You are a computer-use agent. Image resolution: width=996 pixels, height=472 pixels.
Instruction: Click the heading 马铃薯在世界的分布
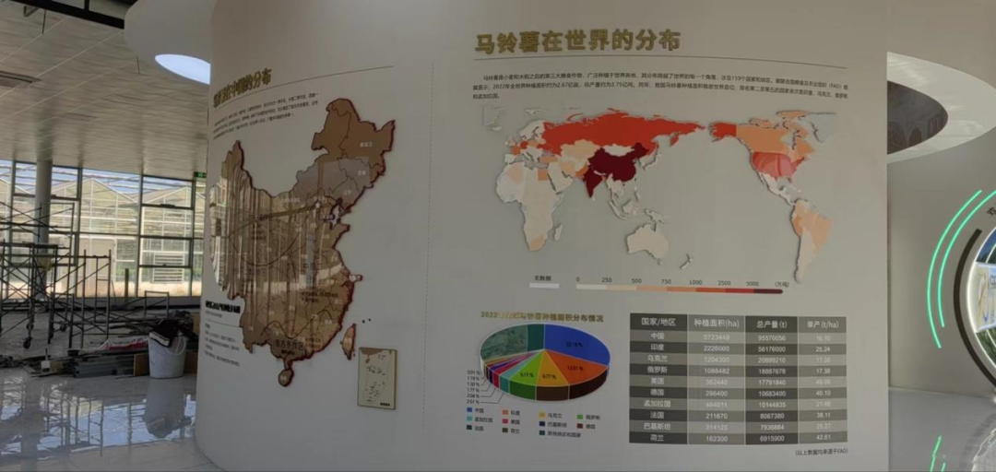577,41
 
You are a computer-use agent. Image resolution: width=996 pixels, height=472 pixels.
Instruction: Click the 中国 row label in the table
658,336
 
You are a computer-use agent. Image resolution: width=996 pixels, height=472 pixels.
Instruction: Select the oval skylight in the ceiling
183,67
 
